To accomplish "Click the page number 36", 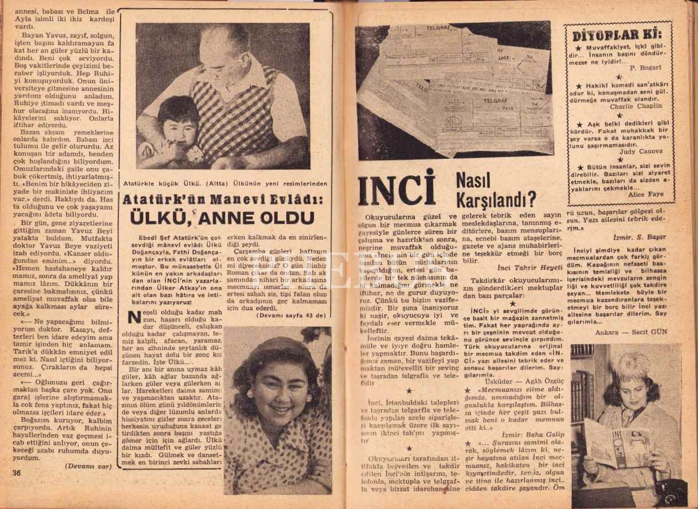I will [x=16, y=472].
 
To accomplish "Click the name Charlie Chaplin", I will [x=635, y=106].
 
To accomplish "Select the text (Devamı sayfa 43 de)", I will [x=291, y=315].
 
